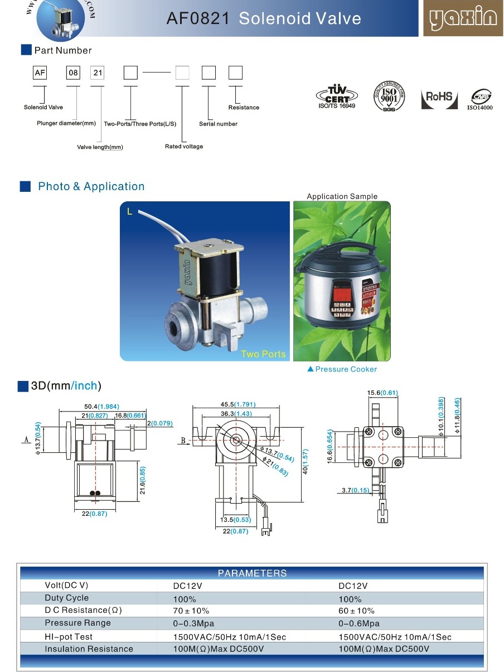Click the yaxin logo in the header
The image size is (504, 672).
coord(463,19)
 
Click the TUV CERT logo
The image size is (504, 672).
coord(336,96)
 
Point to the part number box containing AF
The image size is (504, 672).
coord(40,72)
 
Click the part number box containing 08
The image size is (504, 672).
coord(73,72)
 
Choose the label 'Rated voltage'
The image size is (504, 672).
coord(184,147)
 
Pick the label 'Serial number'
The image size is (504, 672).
coord(218,124)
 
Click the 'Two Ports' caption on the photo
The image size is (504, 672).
coord(263,354)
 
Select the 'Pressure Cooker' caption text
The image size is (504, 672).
coord(346,369)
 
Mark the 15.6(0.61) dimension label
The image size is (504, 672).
coord(382,393)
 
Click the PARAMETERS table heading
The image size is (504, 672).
coord(252,573)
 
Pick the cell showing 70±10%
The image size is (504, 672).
coord(191,611)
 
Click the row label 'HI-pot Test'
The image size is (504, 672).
coord(69,636)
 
